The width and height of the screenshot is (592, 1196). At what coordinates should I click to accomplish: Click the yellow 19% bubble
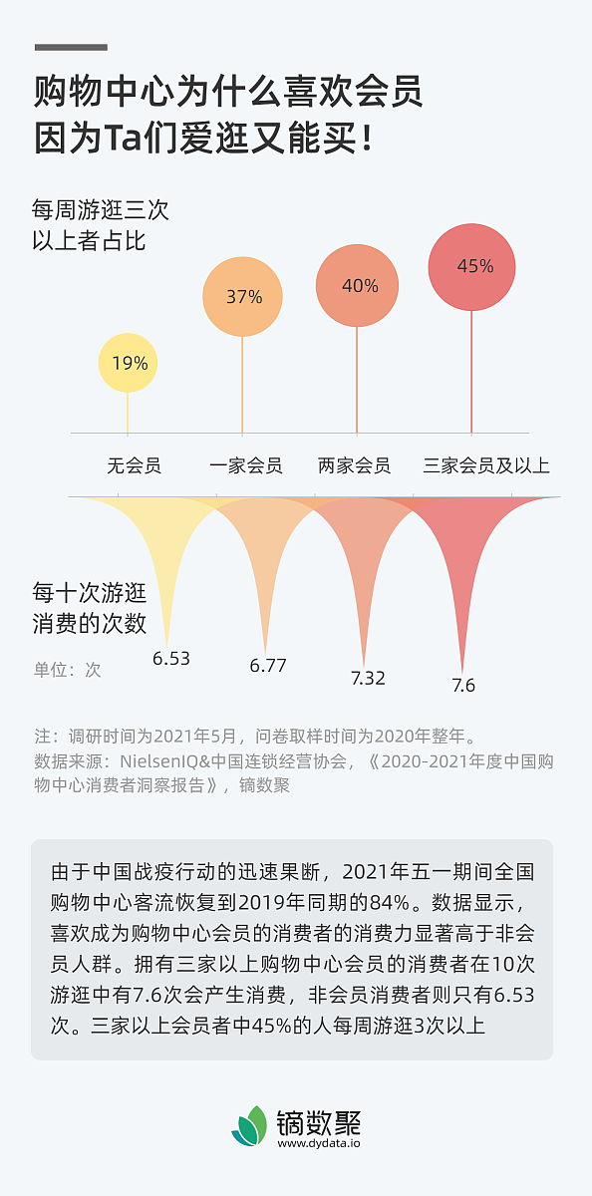pyautogui.click(x=129, y=363)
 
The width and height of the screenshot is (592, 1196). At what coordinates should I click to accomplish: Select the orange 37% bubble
pyautogui.click(x=243, y=296)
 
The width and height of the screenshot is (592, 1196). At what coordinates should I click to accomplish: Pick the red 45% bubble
pyautogui.click(x=474, y=266)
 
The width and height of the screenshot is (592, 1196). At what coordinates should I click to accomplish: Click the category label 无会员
pyautogui.click(x=135, y=465)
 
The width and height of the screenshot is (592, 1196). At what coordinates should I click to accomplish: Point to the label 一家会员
pyautogui.click(x=246, y=465)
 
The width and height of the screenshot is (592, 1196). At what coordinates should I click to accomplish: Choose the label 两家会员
pyautogui.click(x=354, y=465)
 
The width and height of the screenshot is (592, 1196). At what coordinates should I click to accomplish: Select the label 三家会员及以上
pyautogui.click(x=486, y=465)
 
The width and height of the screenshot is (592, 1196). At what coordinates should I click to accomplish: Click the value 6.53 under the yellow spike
pyautogui.click(x=170, y=658)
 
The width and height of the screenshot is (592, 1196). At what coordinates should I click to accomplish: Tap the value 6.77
pyautogui.click(x=268, y=666)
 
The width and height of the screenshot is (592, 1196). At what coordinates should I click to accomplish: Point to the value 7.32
pyautogui.click(x=367, y=678)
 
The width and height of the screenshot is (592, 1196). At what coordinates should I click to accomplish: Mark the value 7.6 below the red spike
pyautogui.click(x=463, y=685)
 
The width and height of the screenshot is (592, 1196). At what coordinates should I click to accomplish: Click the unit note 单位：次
pyautogui.click(x=68, y=670)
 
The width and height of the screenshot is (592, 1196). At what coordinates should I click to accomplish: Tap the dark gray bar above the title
pyautogui.click(x=71, y=47)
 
